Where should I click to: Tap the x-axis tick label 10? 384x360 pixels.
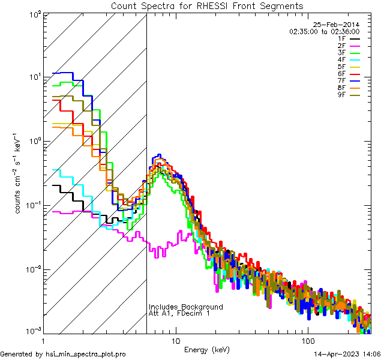pos(176,340)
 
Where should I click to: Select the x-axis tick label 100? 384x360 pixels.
pos(308,340)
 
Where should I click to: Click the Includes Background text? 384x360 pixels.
pos(185,307)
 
